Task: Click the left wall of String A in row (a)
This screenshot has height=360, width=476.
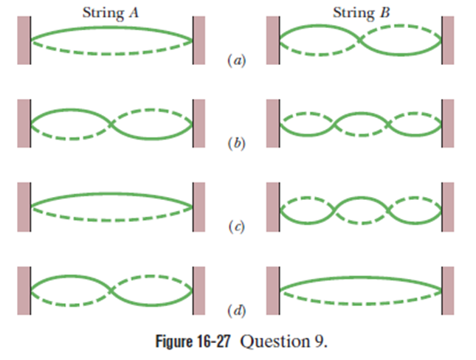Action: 23,40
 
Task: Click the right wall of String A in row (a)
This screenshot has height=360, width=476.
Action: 199,40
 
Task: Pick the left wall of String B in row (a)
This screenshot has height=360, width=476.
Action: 272,40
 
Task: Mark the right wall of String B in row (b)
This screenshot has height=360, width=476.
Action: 449,122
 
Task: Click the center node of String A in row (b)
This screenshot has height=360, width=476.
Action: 111,122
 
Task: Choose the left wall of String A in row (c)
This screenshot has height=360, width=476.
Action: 23,204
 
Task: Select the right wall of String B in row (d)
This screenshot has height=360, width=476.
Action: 449,288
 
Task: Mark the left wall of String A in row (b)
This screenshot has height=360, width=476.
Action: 23,122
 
